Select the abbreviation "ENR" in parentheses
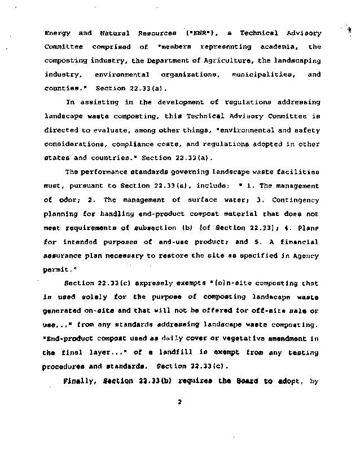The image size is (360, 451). pyautogui.click(x=200, y=33)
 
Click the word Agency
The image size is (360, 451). pyautogui.click(x=307, y=255)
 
